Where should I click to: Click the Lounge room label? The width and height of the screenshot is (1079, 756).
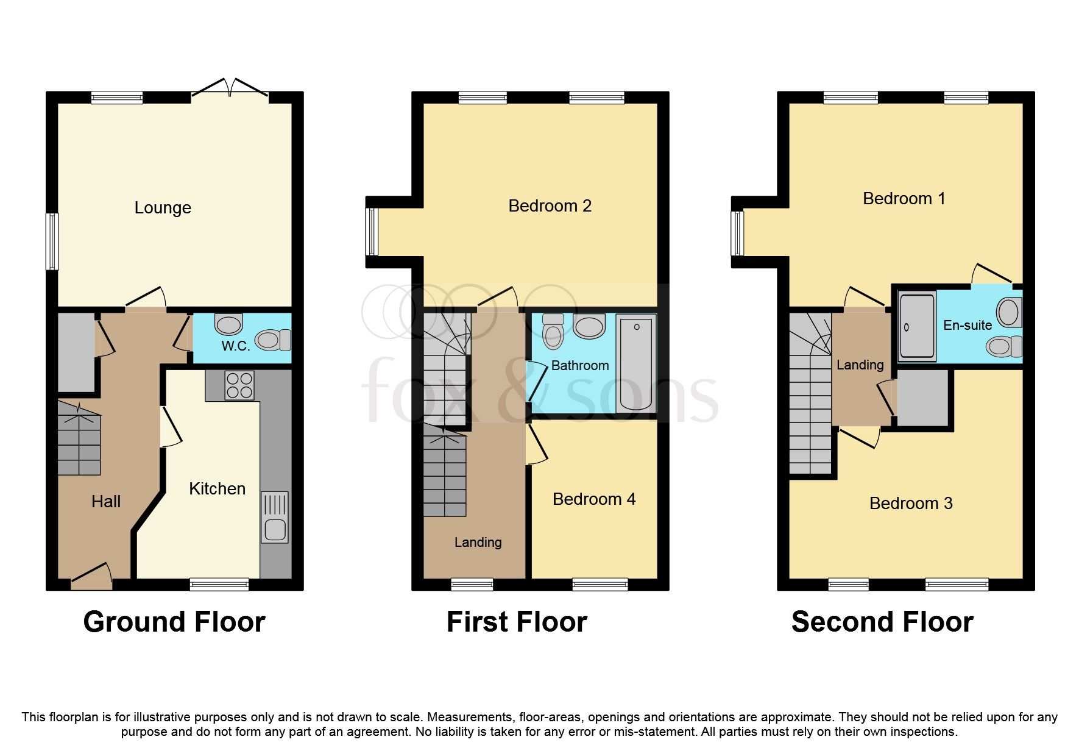163,208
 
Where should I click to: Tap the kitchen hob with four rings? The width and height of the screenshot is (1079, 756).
239,385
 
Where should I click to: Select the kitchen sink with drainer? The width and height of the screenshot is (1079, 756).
275,517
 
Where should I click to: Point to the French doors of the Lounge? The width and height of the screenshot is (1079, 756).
230,90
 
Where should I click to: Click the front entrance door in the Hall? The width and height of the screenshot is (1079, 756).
91,577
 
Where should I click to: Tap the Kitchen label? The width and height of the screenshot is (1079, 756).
217,489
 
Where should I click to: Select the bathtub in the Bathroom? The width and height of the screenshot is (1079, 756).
635,364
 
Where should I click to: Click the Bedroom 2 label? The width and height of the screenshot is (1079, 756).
550,206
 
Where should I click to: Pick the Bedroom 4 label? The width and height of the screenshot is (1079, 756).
593,499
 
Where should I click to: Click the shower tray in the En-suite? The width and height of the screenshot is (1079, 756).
916,327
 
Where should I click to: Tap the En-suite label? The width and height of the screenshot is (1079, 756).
967,326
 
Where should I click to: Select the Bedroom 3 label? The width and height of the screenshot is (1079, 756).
910,504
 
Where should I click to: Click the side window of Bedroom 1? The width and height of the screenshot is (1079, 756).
738,233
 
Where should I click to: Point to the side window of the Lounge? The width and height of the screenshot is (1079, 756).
53,241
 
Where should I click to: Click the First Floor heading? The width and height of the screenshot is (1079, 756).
517,622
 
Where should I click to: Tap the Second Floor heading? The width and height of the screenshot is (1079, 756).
882,622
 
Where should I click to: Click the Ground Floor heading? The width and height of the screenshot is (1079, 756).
174,622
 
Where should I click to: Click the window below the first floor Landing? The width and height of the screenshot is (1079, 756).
472,585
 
